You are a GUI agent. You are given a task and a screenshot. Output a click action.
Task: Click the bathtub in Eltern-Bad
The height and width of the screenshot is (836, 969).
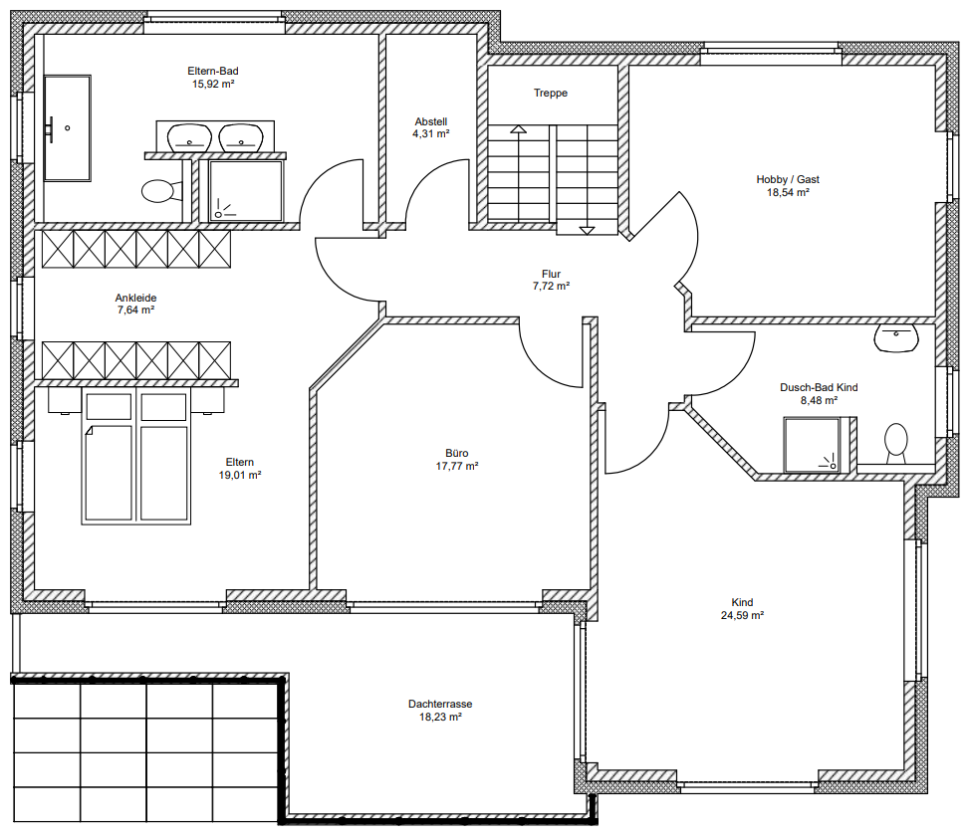(x=68, y=128)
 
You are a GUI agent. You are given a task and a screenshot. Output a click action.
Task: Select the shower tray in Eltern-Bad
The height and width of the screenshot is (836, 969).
(x=245, y=190)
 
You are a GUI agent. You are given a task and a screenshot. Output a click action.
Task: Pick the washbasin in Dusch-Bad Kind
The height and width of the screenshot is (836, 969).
(x=896, y=338)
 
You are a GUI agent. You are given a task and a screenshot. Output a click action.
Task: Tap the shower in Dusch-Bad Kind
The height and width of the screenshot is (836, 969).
(x=812, y=445)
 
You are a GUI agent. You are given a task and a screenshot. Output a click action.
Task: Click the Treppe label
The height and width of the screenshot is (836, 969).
(x=551, y=93)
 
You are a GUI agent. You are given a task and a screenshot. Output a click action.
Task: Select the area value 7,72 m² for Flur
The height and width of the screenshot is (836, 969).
(x=552, y=286)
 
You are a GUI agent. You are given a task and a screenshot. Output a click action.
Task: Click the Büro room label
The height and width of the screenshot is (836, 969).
(x=457, y=453)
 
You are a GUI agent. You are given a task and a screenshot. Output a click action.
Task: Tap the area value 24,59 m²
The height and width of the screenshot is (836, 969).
(x=742, y=615)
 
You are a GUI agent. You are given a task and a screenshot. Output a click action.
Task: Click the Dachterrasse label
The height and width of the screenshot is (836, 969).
(x=440, y=704)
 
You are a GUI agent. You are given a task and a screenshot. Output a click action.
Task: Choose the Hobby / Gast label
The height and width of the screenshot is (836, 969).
(x=788, y=179)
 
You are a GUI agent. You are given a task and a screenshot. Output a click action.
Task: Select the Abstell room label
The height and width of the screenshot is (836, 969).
(x=431, y=121)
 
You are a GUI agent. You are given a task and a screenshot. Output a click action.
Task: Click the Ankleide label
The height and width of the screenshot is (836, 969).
(x=136, y=298)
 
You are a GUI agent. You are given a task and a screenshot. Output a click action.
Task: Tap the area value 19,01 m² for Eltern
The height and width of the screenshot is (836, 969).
(x=240, y=475)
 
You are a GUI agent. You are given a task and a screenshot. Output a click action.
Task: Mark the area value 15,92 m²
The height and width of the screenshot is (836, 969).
(x=213, y=84)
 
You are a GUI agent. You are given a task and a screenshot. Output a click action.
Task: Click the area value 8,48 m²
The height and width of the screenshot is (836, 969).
(x=819, y=400)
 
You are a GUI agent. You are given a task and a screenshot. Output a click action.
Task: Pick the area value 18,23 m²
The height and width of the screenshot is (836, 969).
(x=440, y=717)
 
